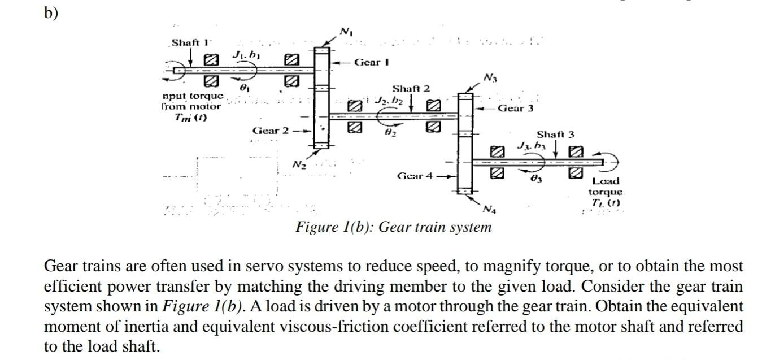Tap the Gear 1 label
(372, 62)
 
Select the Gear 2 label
(270, 131)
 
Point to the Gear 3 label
(515, 108)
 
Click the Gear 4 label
(415, 176)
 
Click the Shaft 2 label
(411, 89)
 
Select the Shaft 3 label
(555, 135)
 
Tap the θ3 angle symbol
(535, 179)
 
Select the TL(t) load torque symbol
(606, 203)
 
